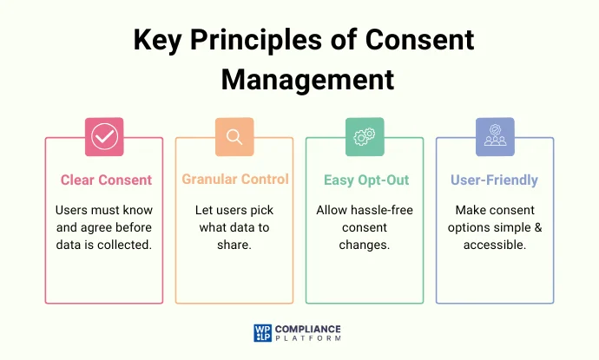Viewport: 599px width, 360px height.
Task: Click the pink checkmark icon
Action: coord(104,136)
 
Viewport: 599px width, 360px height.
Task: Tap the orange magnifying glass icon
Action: coord(234,136)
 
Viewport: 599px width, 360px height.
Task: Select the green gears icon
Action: coord(365,136)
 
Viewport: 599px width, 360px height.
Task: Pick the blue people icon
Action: coord(495,136)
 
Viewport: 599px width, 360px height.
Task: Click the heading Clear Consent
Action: coord(106,180)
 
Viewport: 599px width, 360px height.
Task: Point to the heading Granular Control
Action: coord(235,180)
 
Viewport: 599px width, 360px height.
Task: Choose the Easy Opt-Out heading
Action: coord(365,180)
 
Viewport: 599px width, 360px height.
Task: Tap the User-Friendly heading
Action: coord(494,180)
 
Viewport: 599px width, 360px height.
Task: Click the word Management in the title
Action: coord(307,79)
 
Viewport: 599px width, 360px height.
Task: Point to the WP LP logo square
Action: coord(262,333)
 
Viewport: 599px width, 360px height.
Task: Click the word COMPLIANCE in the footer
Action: coord(309,329)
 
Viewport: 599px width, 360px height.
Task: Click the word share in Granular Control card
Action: coord(234,245)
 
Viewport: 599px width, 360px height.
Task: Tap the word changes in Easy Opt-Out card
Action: coord(365,245)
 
